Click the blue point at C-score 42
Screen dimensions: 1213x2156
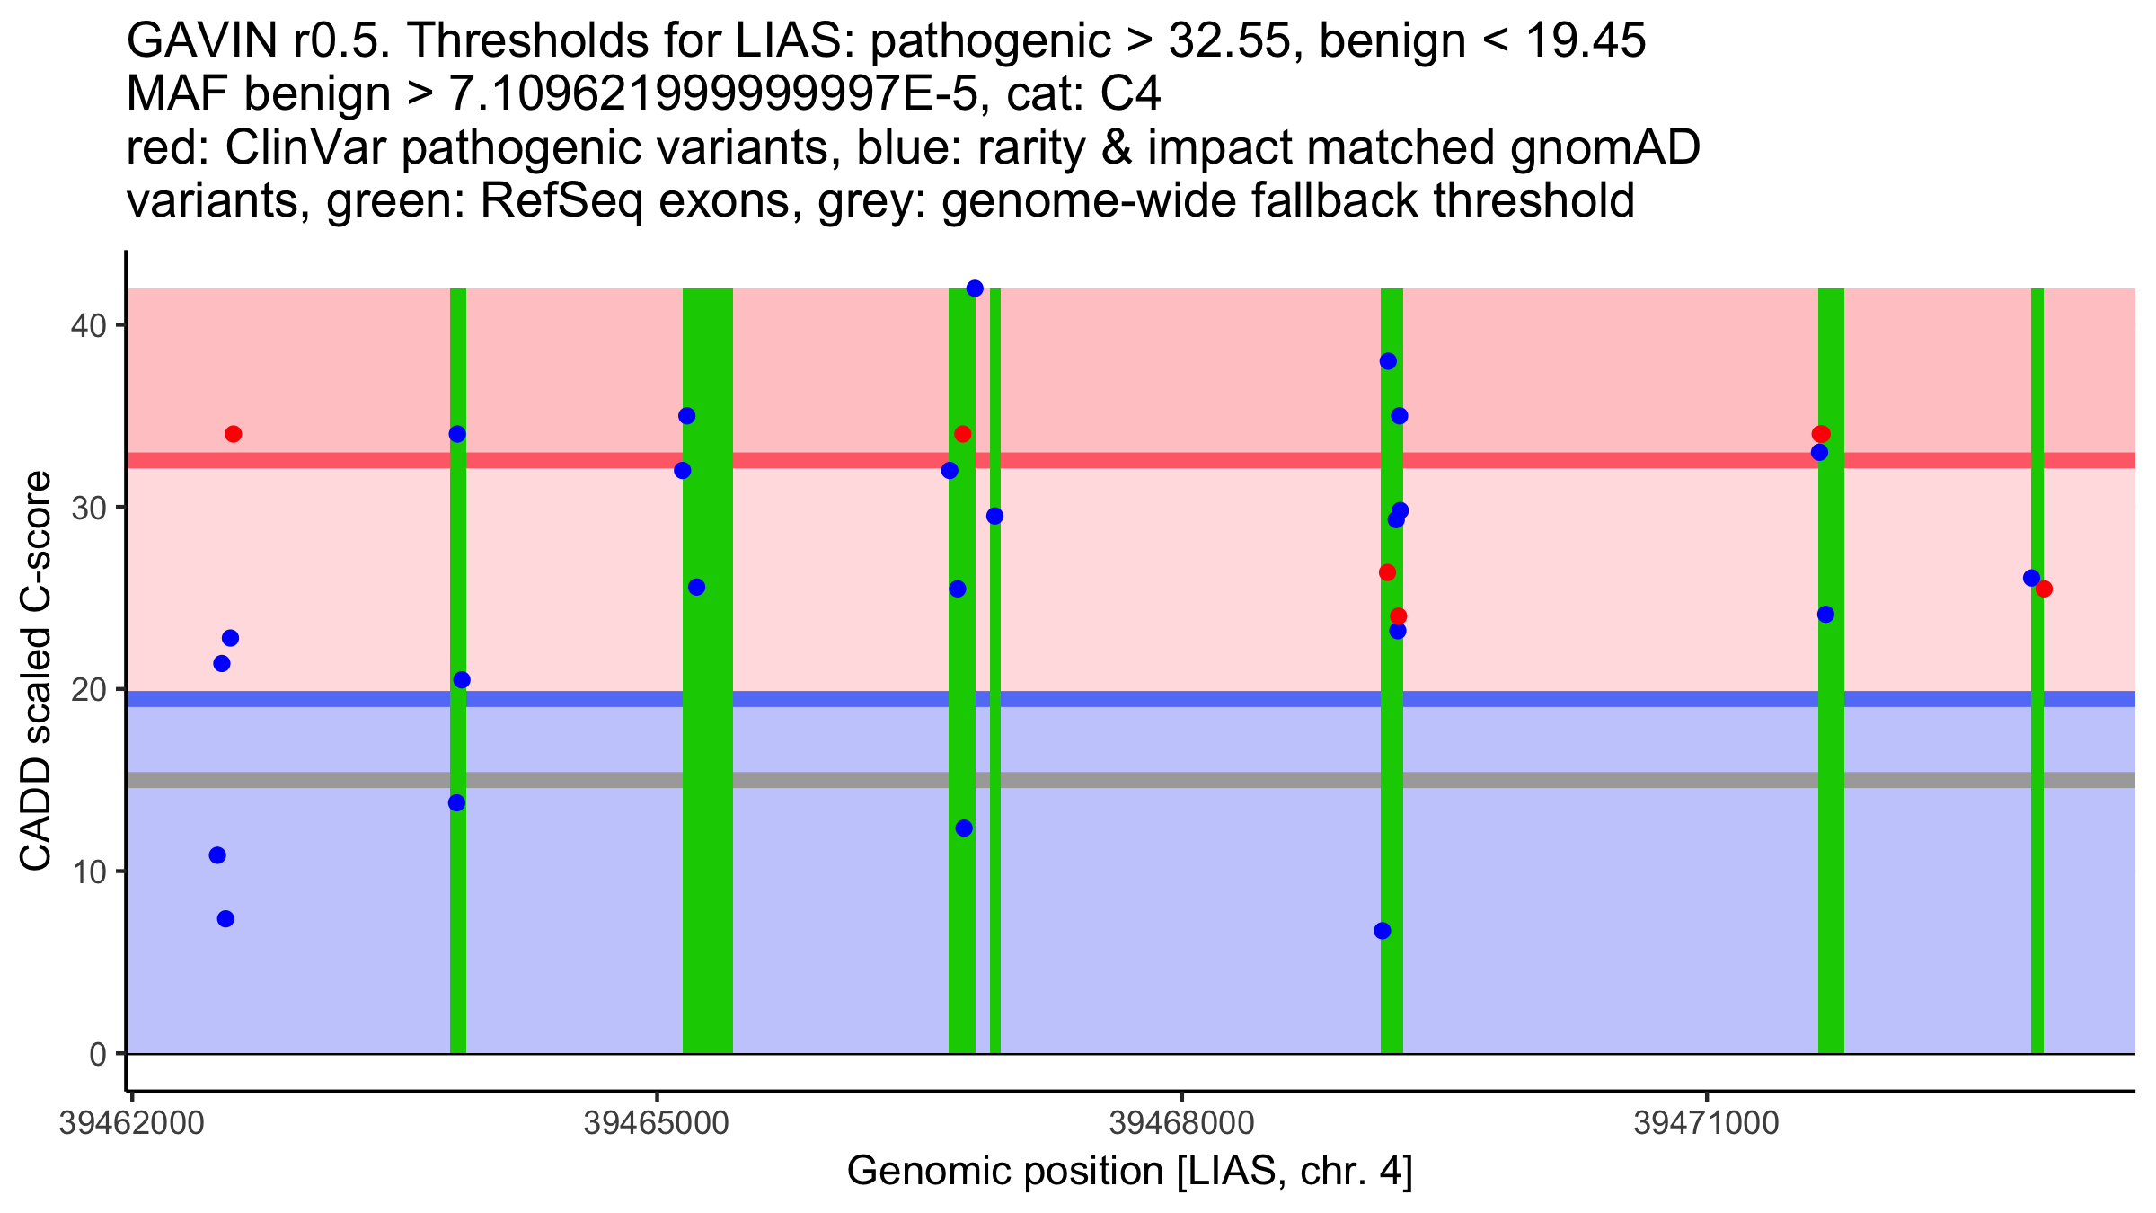[x=975, y=288]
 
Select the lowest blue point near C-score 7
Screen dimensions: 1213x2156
[x=1383, y=931]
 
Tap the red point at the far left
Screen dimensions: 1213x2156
[x=234, y=434]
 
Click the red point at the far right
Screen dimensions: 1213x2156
[x=2044, y=589]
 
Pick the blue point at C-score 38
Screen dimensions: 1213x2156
[x=1388, y=361]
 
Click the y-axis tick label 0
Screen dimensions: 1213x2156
[x=97, y=1054]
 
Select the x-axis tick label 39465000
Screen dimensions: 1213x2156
[x=656, y=1124]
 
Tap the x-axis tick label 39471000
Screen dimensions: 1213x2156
[x=1706, y=1124]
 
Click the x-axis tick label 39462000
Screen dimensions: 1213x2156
[x=131, y=1124]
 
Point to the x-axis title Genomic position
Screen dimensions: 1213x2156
[x=1129, y=1172]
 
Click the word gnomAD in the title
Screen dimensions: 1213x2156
[x=1604, y=148]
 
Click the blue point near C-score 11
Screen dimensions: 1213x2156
[x=217, y=855]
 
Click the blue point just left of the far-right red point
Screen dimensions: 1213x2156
[x=2031, y=578]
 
